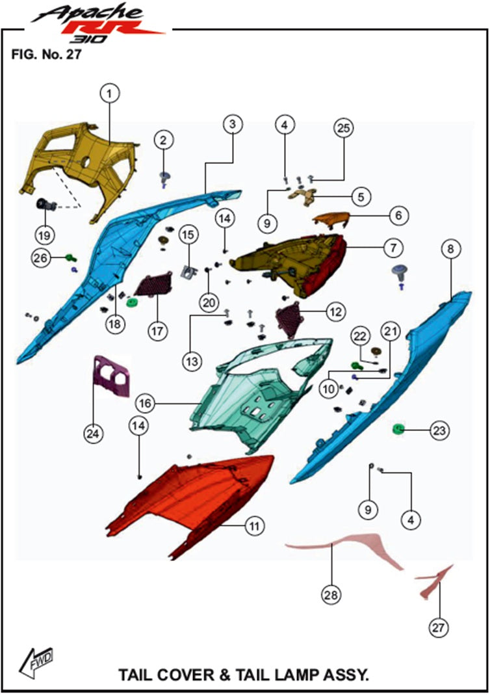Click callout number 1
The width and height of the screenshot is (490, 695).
pyautogui.click(x=110, y=94)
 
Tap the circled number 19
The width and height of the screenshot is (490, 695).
pyautogui.click(x=44, y=235)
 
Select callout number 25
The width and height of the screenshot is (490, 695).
pyautogui.click(x=344, y=128)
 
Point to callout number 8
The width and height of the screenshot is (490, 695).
pyautogui.click(x=450, y=248)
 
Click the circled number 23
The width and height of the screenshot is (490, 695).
pyautogui.click(x=439, y=430)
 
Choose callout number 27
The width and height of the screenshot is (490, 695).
pyautogui.click(x=438, y=627)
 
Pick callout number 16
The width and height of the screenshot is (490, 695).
pyautogui.click(x=145, y=403)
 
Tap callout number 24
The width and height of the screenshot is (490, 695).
pyautogui.click(x=93, y=433)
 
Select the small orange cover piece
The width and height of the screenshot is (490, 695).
pyautogui.click(x=332, y=219)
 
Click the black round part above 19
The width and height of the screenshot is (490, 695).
pyautogui.click(x=46, y=205)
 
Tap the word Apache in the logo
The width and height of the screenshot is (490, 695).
pyautogui.click(x=88, y=13)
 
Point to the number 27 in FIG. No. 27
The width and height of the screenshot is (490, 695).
pyautogui.click(x=73, y=55)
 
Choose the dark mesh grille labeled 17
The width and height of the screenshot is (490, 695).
pyautogui.click(x=153, y=284)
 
